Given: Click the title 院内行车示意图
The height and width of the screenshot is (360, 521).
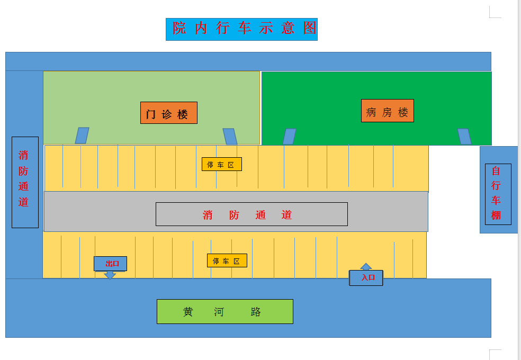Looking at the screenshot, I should (x=241, y=29).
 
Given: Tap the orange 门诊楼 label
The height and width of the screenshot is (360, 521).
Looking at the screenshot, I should (x=168, y=113).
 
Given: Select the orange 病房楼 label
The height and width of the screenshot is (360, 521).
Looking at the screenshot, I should (x=387, y=111).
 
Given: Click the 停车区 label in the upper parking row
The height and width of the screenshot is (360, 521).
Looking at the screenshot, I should (x=221, y=164).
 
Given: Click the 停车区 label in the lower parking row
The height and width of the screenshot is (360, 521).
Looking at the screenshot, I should (x=227, y=260).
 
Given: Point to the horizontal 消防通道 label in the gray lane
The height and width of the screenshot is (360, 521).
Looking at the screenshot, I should (x=251, y=214).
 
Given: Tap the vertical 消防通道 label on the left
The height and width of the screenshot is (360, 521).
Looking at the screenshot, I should (x=25, y=182).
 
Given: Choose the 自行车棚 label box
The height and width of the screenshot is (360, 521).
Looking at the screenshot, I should (x=498, y=194).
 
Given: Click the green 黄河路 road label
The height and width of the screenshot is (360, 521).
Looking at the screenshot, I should (x=224, y=311).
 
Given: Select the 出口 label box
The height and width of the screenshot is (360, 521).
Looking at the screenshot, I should (x=110, y=263).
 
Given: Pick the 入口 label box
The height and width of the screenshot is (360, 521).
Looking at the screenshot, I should (x=366, y=277).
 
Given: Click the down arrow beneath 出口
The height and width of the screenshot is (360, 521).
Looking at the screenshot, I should (x=110, y=275).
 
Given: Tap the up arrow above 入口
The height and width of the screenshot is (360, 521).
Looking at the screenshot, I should (x=366, y=266).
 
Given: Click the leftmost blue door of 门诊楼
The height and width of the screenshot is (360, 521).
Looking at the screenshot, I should (x=82, y=136).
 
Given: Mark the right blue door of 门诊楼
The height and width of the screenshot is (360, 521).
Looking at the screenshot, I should (x=230, y=137).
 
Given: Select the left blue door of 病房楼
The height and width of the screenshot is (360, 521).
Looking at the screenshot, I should (x=289, y=137).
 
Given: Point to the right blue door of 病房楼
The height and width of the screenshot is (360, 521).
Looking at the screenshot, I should (x=464, y=137).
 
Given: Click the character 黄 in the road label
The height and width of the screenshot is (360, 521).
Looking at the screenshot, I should (x=188, y=312).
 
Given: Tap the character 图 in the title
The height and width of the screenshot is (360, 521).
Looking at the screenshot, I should (x=310, y=29).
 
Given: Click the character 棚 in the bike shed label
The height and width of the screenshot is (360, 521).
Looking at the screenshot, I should (x=496, y=215).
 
